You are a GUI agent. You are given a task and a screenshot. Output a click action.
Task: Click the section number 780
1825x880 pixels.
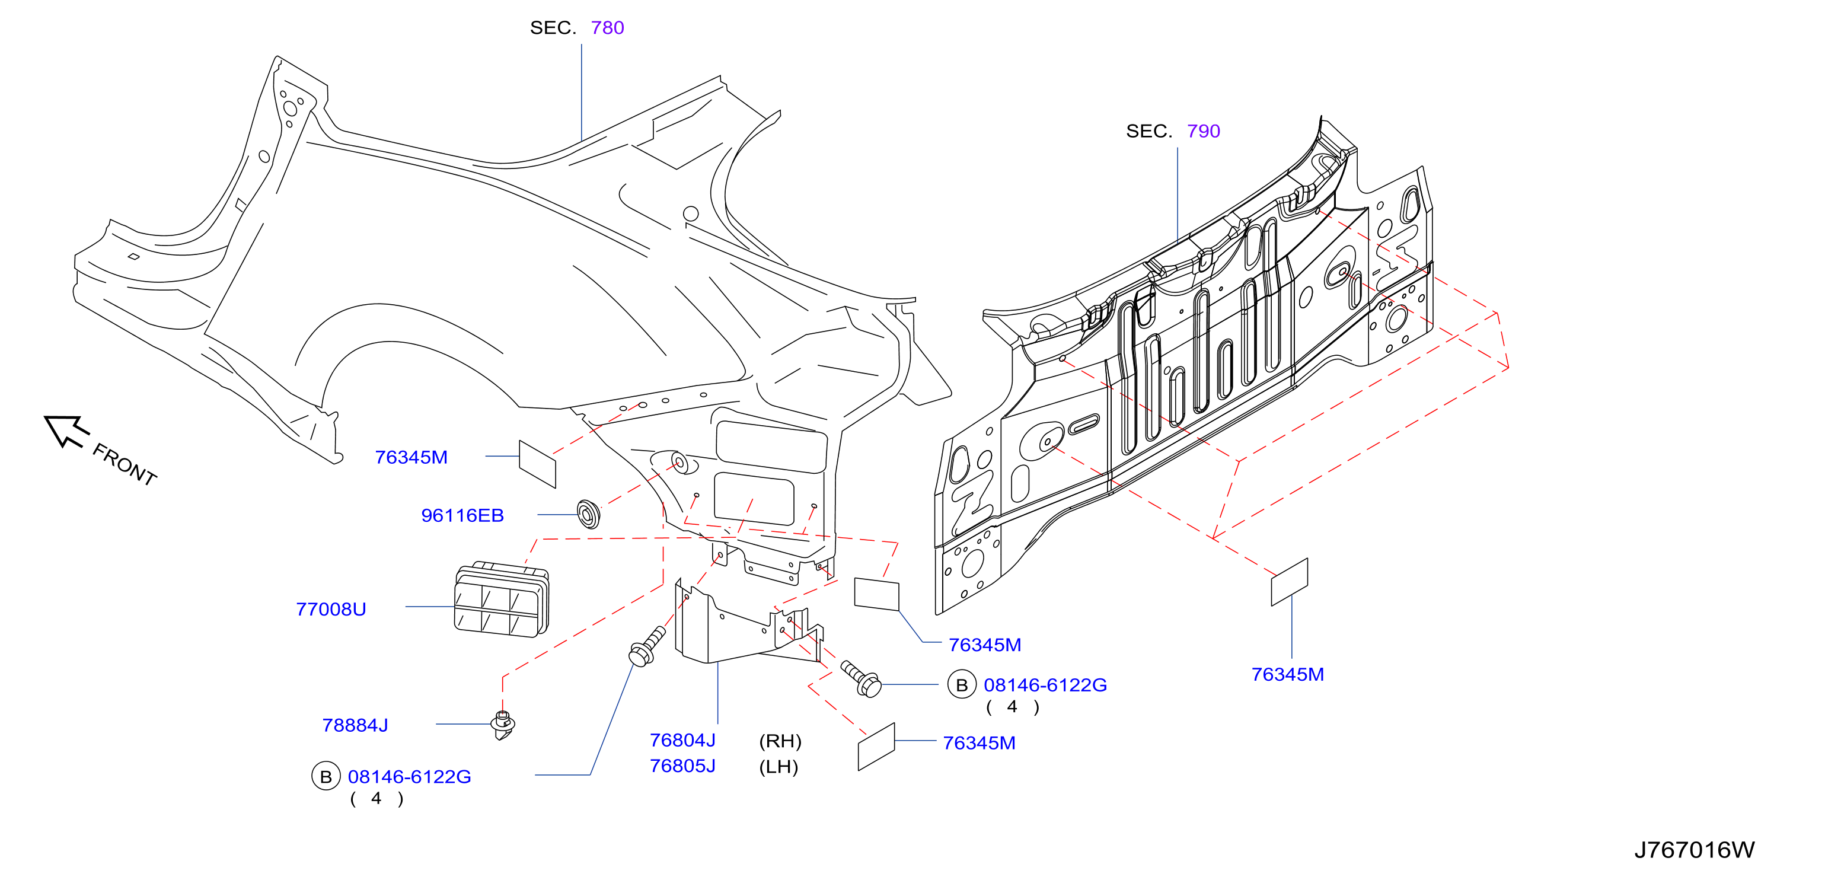click(607, 28)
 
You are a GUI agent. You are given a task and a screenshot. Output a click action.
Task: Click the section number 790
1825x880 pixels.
click(1203, 131)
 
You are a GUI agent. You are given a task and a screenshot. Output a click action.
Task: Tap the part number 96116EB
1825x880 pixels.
click(462, 515)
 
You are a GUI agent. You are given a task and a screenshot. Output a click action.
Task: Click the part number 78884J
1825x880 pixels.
click(355, 725)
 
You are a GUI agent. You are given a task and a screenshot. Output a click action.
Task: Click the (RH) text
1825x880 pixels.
click(780, 741)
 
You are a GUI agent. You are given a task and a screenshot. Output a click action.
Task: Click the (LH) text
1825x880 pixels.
click(779, 766)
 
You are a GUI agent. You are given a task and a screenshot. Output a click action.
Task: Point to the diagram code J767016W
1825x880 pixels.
click(1694, 850)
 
